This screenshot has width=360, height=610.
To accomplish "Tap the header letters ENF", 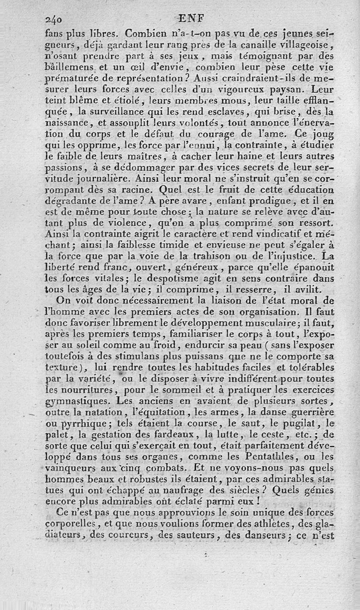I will (x=191, y=18).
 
